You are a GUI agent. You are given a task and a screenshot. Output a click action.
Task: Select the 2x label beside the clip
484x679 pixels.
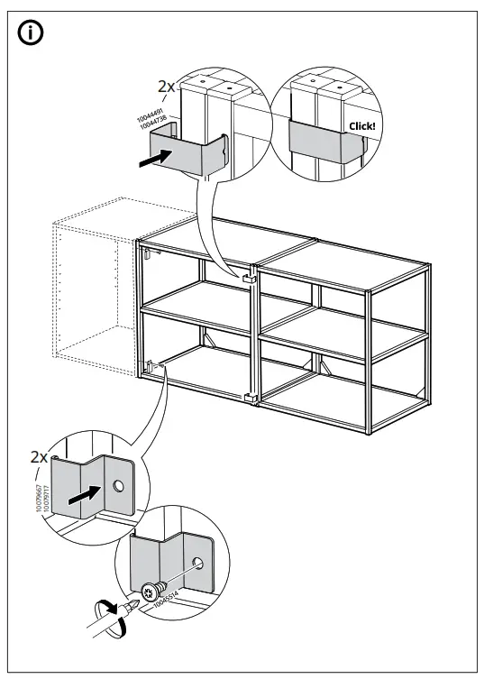pyautogui.click(x=167, y=87)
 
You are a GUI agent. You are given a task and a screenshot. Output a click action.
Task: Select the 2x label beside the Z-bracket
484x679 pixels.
pyautogui.click(x=39, y=457)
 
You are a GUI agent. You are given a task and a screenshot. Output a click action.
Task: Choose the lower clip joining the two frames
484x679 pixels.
pyautogui.click(x=252, y=398)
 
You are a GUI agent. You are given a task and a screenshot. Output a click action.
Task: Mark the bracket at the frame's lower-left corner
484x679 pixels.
pyautogui.click(x=147, y=368)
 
